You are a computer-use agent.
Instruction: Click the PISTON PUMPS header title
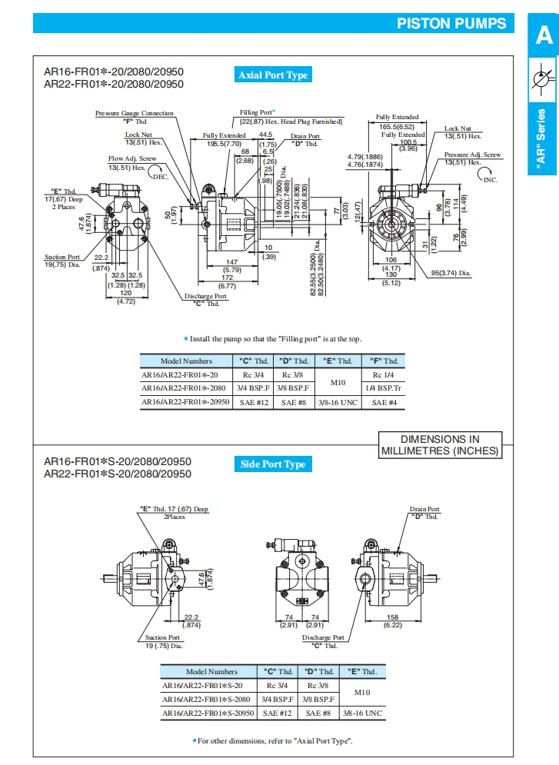tap(451, 23)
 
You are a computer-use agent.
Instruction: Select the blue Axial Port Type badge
tap(273, 75)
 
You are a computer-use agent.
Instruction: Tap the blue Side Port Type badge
tap(272, 464)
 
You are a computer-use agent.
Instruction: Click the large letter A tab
tap(544, 36)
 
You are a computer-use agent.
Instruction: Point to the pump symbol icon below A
tap(543, 80)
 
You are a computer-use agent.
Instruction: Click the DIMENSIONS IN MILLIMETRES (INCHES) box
tap(440, 445)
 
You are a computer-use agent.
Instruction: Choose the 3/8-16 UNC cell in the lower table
tap(362, 713)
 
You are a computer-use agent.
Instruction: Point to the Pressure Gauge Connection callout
tap(135, 114)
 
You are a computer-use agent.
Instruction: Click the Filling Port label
tap(257, 112)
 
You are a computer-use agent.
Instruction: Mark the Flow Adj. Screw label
tap(131, 158)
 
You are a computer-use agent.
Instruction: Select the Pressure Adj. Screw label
tap(472, 155)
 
